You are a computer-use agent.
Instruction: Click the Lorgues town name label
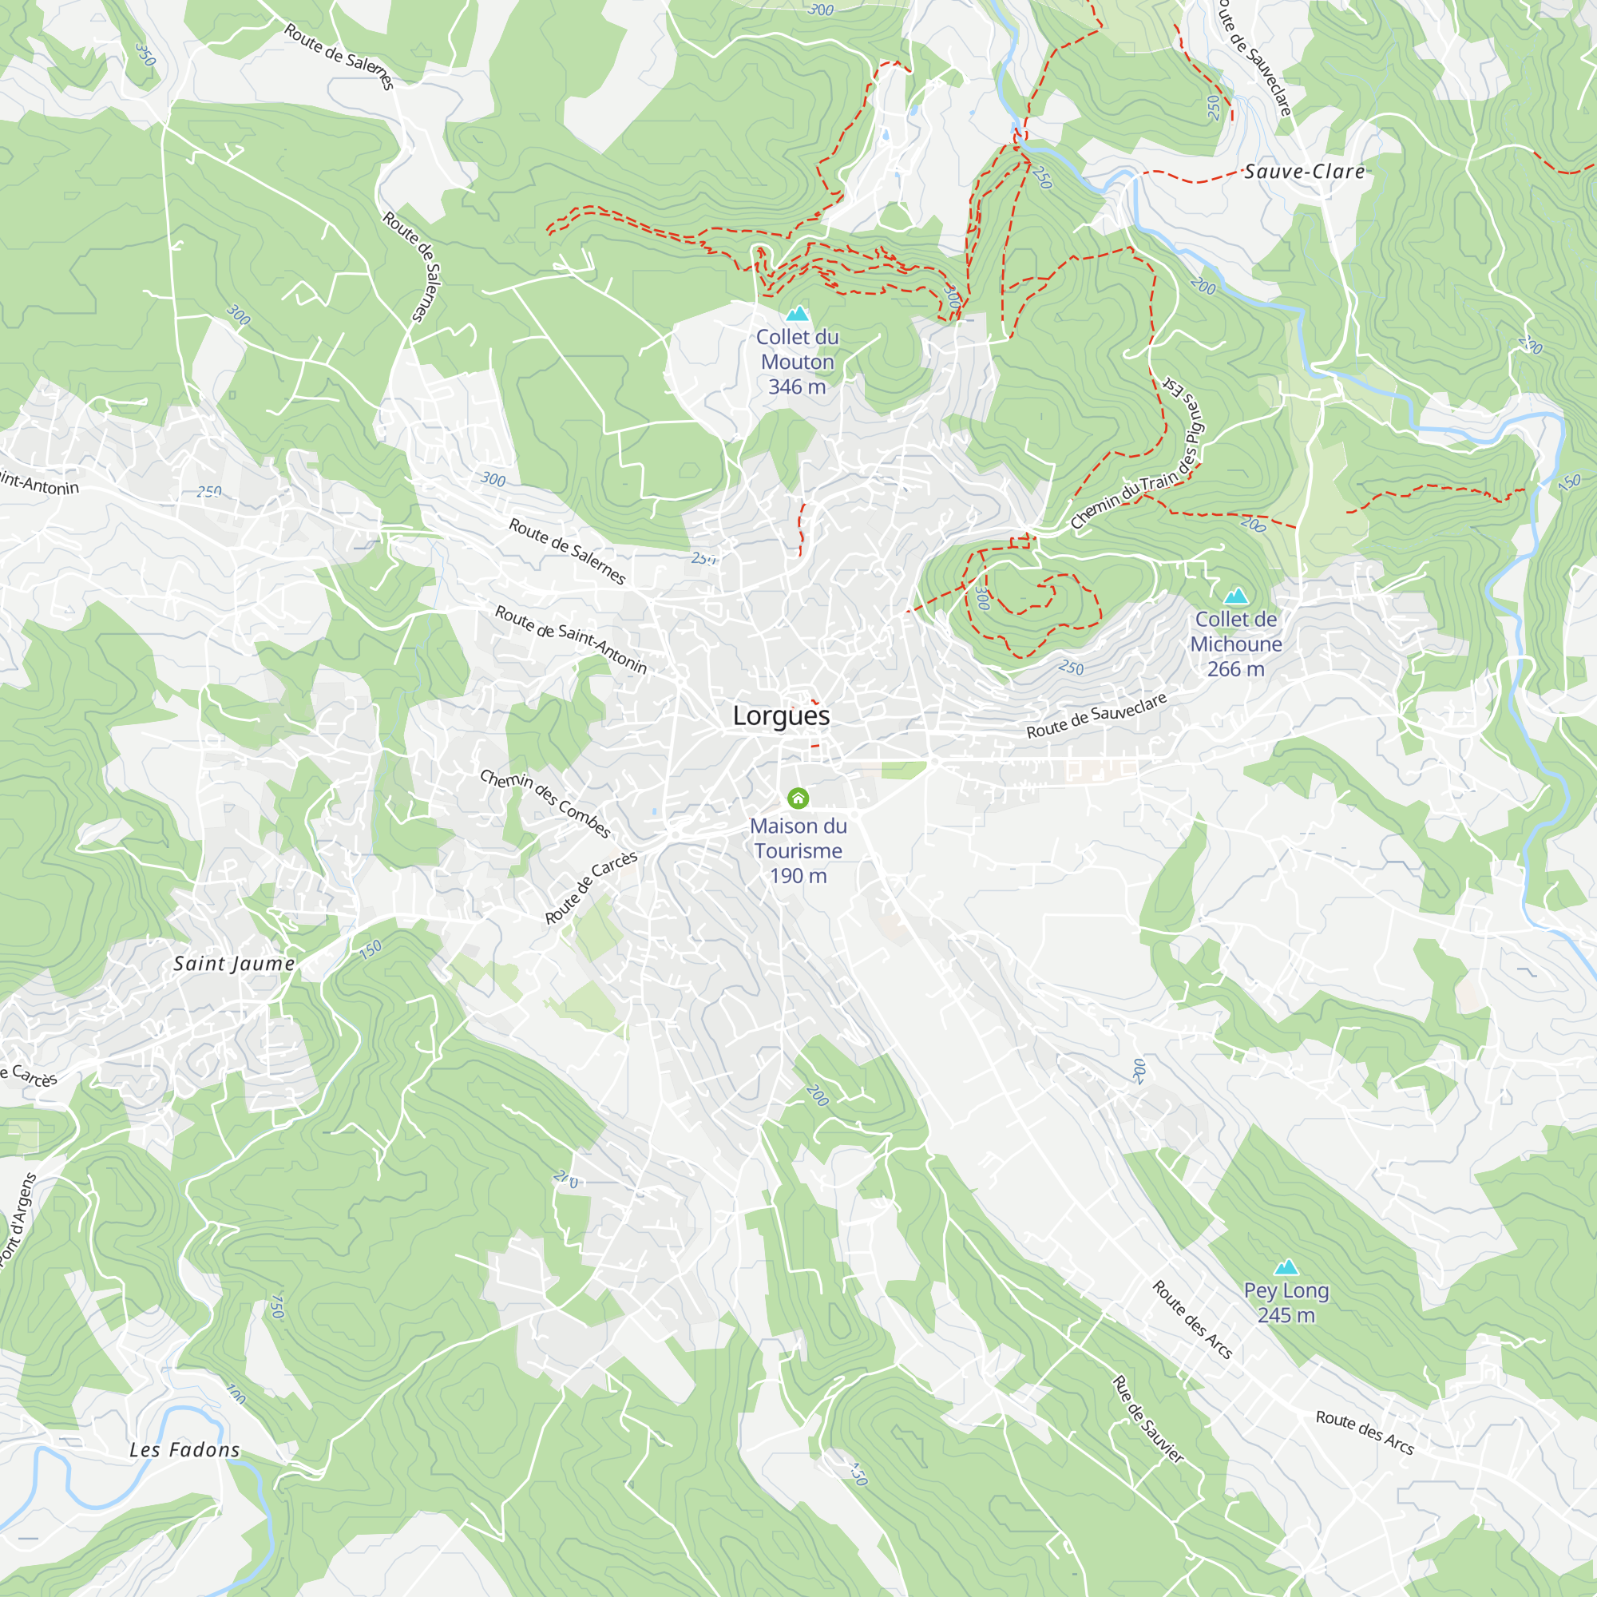click(x=781, y=715)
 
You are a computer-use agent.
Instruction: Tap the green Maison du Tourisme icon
click(x=798, y=798)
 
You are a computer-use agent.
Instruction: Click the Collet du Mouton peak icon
click(x=797, y=313)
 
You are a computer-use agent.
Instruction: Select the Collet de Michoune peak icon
click(x=1236, y=595)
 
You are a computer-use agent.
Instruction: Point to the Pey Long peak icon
click(x=1286, y=1267)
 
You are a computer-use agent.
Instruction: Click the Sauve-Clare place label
click(x=1305, y=172)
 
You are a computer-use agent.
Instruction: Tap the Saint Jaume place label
click(x=234, y=964)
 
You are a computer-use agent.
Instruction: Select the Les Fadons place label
click(x=184, y=1450)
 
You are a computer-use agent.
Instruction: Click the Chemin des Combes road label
click(x=545, y=803)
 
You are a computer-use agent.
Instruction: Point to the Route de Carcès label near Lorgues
click(x=591, y=888)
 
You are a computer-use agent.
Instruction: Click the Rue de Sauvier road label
click(x=1147, y=1419)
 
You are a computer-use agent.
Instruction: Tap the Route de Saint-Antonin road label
click(x=570, y=639)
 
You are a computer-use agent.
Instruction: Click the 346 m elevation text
click(x=797, y=386)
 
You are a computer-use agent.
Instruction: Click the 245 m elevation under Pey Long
click(x=1286, y=1315)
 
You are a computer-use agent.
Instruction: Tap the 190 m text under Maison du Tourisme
click(x=798, y=876)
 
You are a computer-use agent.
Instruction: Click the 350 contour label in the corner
click(x=145, y=54)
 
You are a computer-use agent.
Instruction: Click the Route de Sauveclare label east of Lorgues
click(x=1096, y=715)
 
